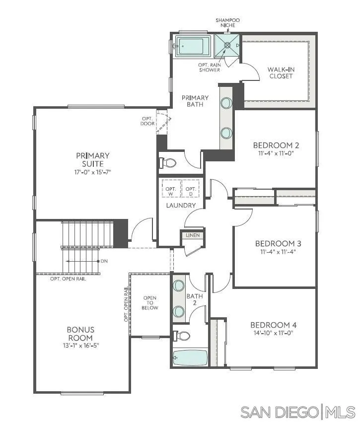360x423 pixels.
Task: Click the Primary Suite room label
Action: pyautogui.click(x=93, y=159)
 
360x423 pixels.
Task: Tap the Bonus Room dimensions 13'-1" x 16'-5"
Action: pyautogui.click(x=80, y=345)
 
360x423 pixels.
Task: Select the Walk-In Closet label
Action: pyautogui.click(x=281, y=72)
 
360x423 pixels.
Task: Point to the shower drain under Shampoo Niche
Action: pyautogui.click(x=228, y=45)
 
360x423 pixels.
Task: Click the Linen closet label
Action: pyautogui.click(x=192, y=235)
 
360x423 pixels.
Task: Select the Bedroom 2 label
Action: pyautogui.click(x=276, y=145)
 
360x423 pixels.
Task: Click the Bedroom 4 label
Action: pyautogui.click(x=274, y=325)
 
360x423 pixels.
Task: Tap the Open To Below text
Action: pyautogui.click(x=150, y=303)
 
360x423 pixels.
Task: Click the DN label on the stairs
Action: pyautogui.click(x=104, y=261)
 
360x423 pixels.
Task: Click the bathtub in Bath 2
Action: pyautogui.click(x=190, y=357)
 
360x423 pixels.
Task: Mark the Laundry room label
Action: pyautogui.click(x=181, y=205)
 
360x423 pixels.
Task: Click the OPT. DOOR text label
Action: pyautogui.click(x=147, y=121)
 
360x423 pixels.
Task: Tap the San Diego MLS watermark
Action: pyautogui.click(x=298, y=412)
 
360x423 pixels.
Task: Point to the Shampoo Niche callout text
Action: pyautogui.click(x=227, y=23)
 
